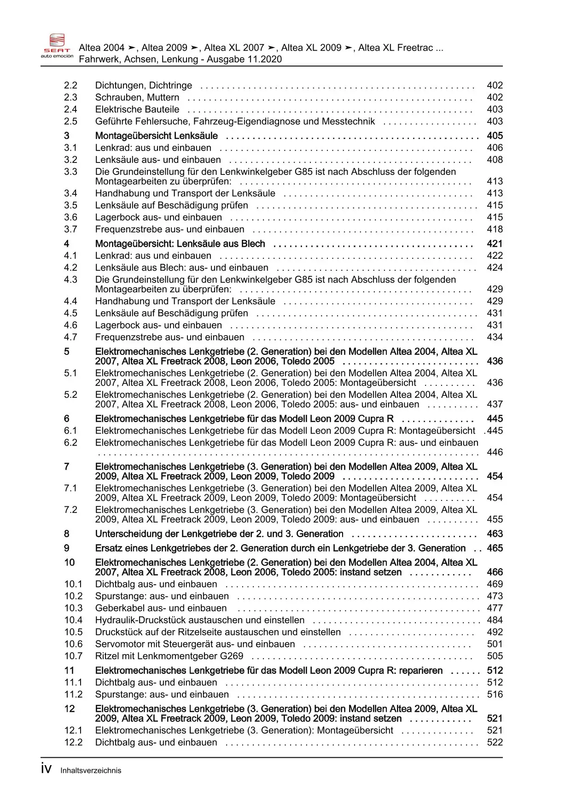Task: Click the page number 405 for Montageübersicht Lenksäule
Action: click(x=495, y=136)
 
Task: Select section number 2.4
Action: click(x=70, y=110)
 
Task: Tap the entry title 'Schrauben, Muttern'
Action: click(x=137, y=98)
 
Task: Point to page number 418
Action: click(x=495, y=229)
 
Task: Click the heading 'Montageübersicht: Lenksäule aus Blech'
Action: click(x=180, y=244)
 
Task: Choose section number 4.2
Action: click(x=70, y=268)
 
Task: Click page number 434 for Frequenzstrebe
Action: click(x=495, y=337)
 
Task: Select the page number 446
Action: click(x=495, y=453)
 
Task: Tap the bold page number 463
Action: click(x=495, y=534)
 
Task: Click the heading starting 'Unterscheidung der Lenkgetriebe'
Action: click(x=219, y=534)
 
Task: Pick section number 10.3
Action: click(x=73, y=608)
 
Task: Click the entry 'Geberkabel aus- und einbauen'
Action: click(x=161, y=608)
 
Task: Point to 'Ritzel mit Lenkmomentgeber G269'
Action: click(x=169, y=656)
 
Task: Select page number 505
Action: click(x=495, y=656)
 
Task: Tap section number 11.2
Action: click(x=73, y=695)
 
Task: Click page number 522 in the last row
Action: click(x=495, y=743)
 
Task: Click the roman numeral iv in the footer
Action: click(x=46, y=769)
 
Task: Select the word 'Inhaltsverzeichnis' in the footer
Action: click(x=91, y=771)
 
